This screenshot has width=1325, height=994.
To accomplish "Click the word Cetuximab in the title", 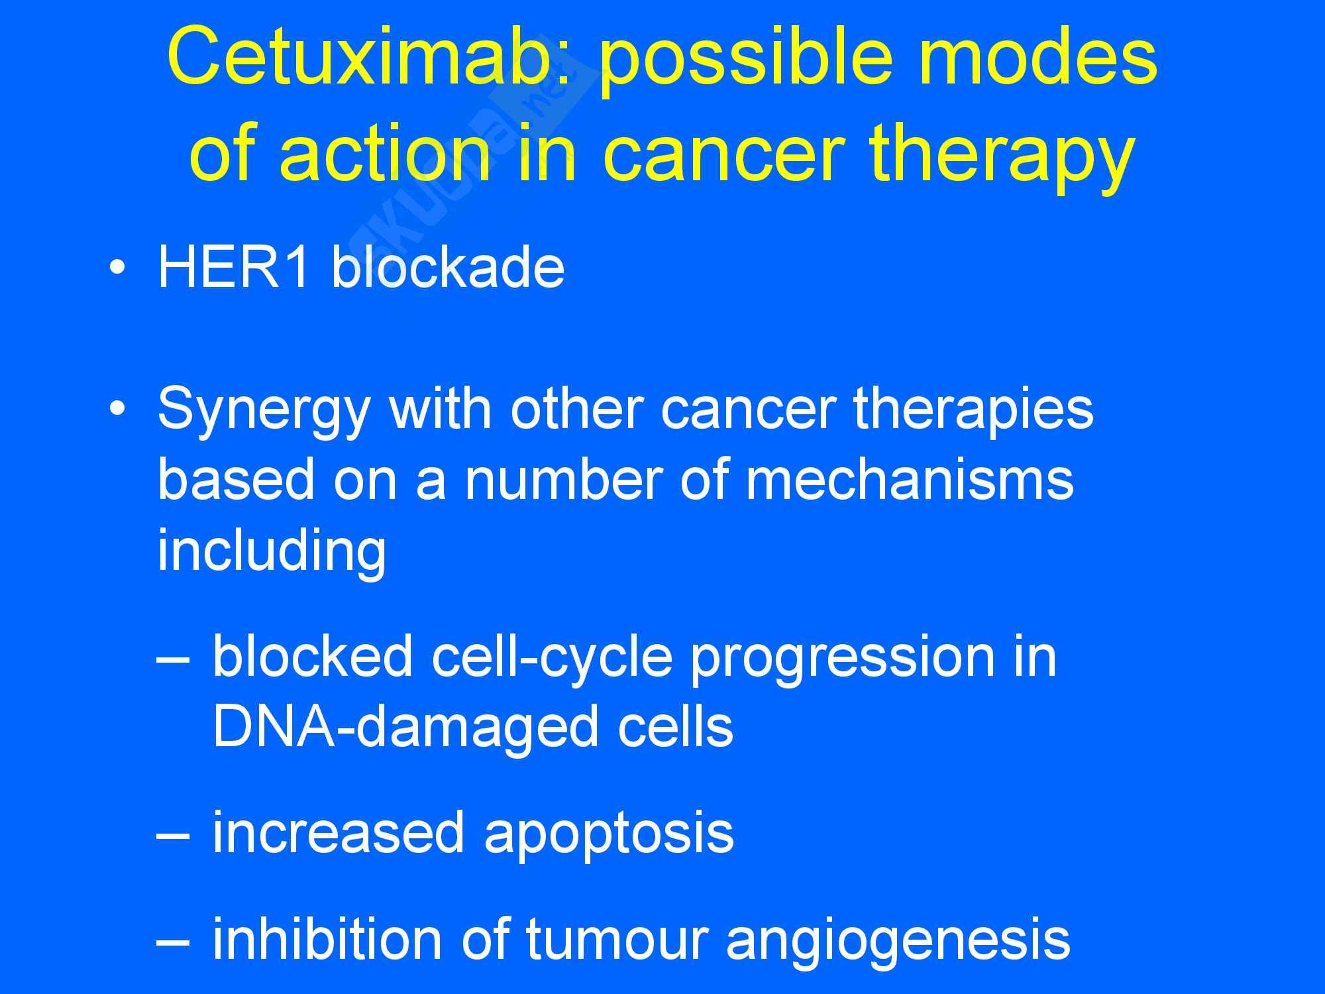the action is pyautogui.click(x=368, y=58).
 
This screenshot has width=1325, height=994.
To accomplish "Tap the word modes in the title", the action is pyautogui.click(x=1037, y=58).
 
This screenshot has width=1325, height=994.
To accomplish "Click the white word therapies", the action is pyautogui.click(x=973, y=410).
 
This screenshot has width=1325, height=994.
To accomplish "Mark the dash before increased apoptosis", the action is pyautogui.click(x=174, y=834).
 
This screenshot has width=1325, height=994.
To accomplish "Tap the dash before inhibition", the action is pyautogui.click(x=174, y=940).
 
